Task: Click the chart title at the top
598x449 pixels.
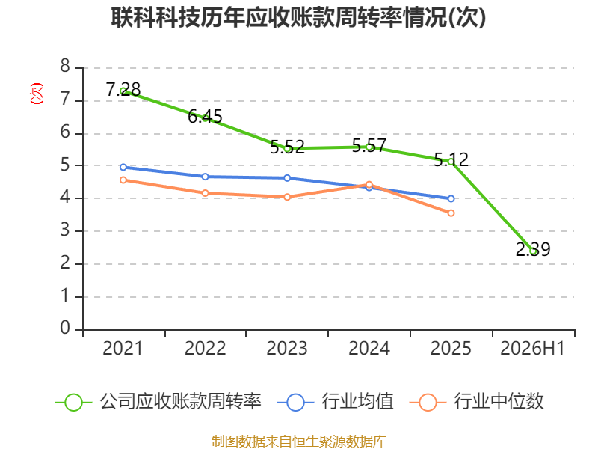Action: (298, 17)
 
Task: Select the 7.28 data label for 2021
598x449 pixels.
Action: (123, 89)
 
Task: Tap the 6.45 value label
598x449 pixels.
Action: (205, 116)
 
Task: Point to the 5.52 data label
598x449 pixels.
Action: (287, 147)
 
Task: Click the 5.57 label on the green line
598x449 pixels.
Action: (369, 145)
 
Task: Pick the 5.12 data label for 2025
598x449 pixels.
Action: (451, 159)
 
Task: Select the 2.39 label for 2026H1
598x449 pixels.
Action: (533, 250)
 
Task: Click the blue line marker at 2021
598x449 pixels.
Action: (123, 167)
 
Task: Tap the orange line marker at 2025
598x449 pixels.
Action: (451, 213)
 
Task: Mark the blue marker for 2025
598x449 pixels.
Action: (451, 198)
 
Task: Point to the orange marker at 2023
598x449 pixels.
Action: (287, 197)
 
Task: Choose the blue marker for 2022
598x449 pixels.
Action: (205, 177)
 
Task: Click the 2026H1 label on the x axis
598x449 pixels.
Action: (532, 348)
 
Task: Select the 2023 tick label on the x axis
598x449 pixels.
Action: (287, 348)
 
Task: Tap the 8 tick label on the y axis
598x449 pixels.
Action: (65, 66)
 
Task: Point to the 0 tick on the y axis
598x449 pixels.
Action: (65, 328)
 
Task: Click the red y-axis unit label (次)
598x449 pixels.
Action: (37, 94)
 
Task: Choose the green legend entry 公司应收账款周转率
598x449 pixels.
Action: (158, 402)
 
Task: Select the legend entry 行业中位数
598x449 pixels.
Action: (476, 402)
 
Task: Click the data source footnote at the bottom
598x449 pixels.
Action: (298, 442)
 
